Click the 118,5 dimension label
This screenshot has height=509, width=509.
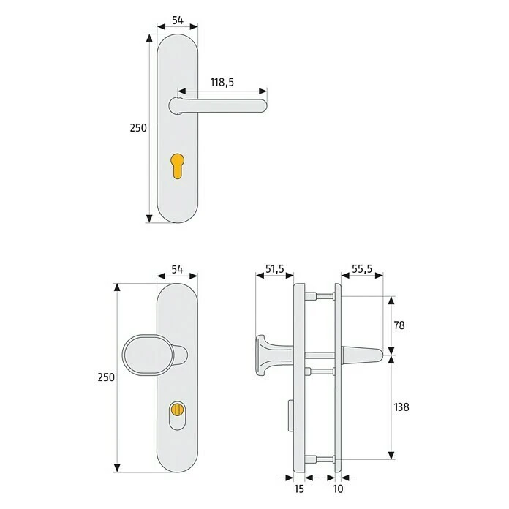coord(222,83)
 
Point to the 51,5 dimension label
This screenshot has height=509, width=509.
coord(274,269)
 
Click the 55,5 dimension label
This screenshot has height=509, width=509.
coord(361,269)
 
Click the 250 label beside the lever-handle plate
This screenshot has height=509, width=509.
coord(138,127)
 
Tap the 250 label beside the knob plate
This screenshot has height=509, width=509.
coord(106,377)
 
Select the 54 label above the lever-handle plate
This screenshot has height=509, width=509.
coord(176,21)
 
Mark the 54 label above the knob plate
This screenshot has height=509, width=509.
coord(176,269)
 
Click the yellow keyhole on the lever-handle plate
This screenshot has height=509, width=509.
coord(177,164)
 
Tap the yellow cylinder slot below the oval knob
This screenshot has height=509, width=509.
coord(178,411)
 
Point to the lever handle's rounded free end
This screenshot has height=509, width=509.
coord(261,106)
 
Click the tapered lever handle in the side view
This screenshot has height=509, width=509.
coord(363,357)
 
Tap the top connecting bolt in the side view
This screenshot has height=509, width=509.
coord(315,296)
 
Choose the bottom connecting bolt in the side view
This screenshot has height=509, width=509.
coord(315,460)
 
